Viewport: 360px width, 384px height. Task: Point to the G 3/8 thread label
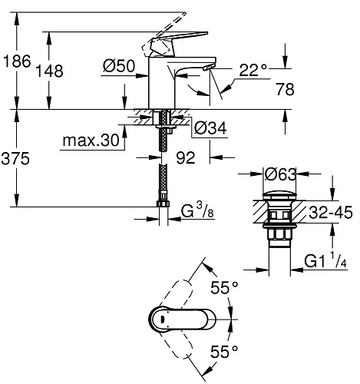198,210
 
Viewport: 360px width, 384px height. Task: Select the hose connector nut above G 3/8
163,205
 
